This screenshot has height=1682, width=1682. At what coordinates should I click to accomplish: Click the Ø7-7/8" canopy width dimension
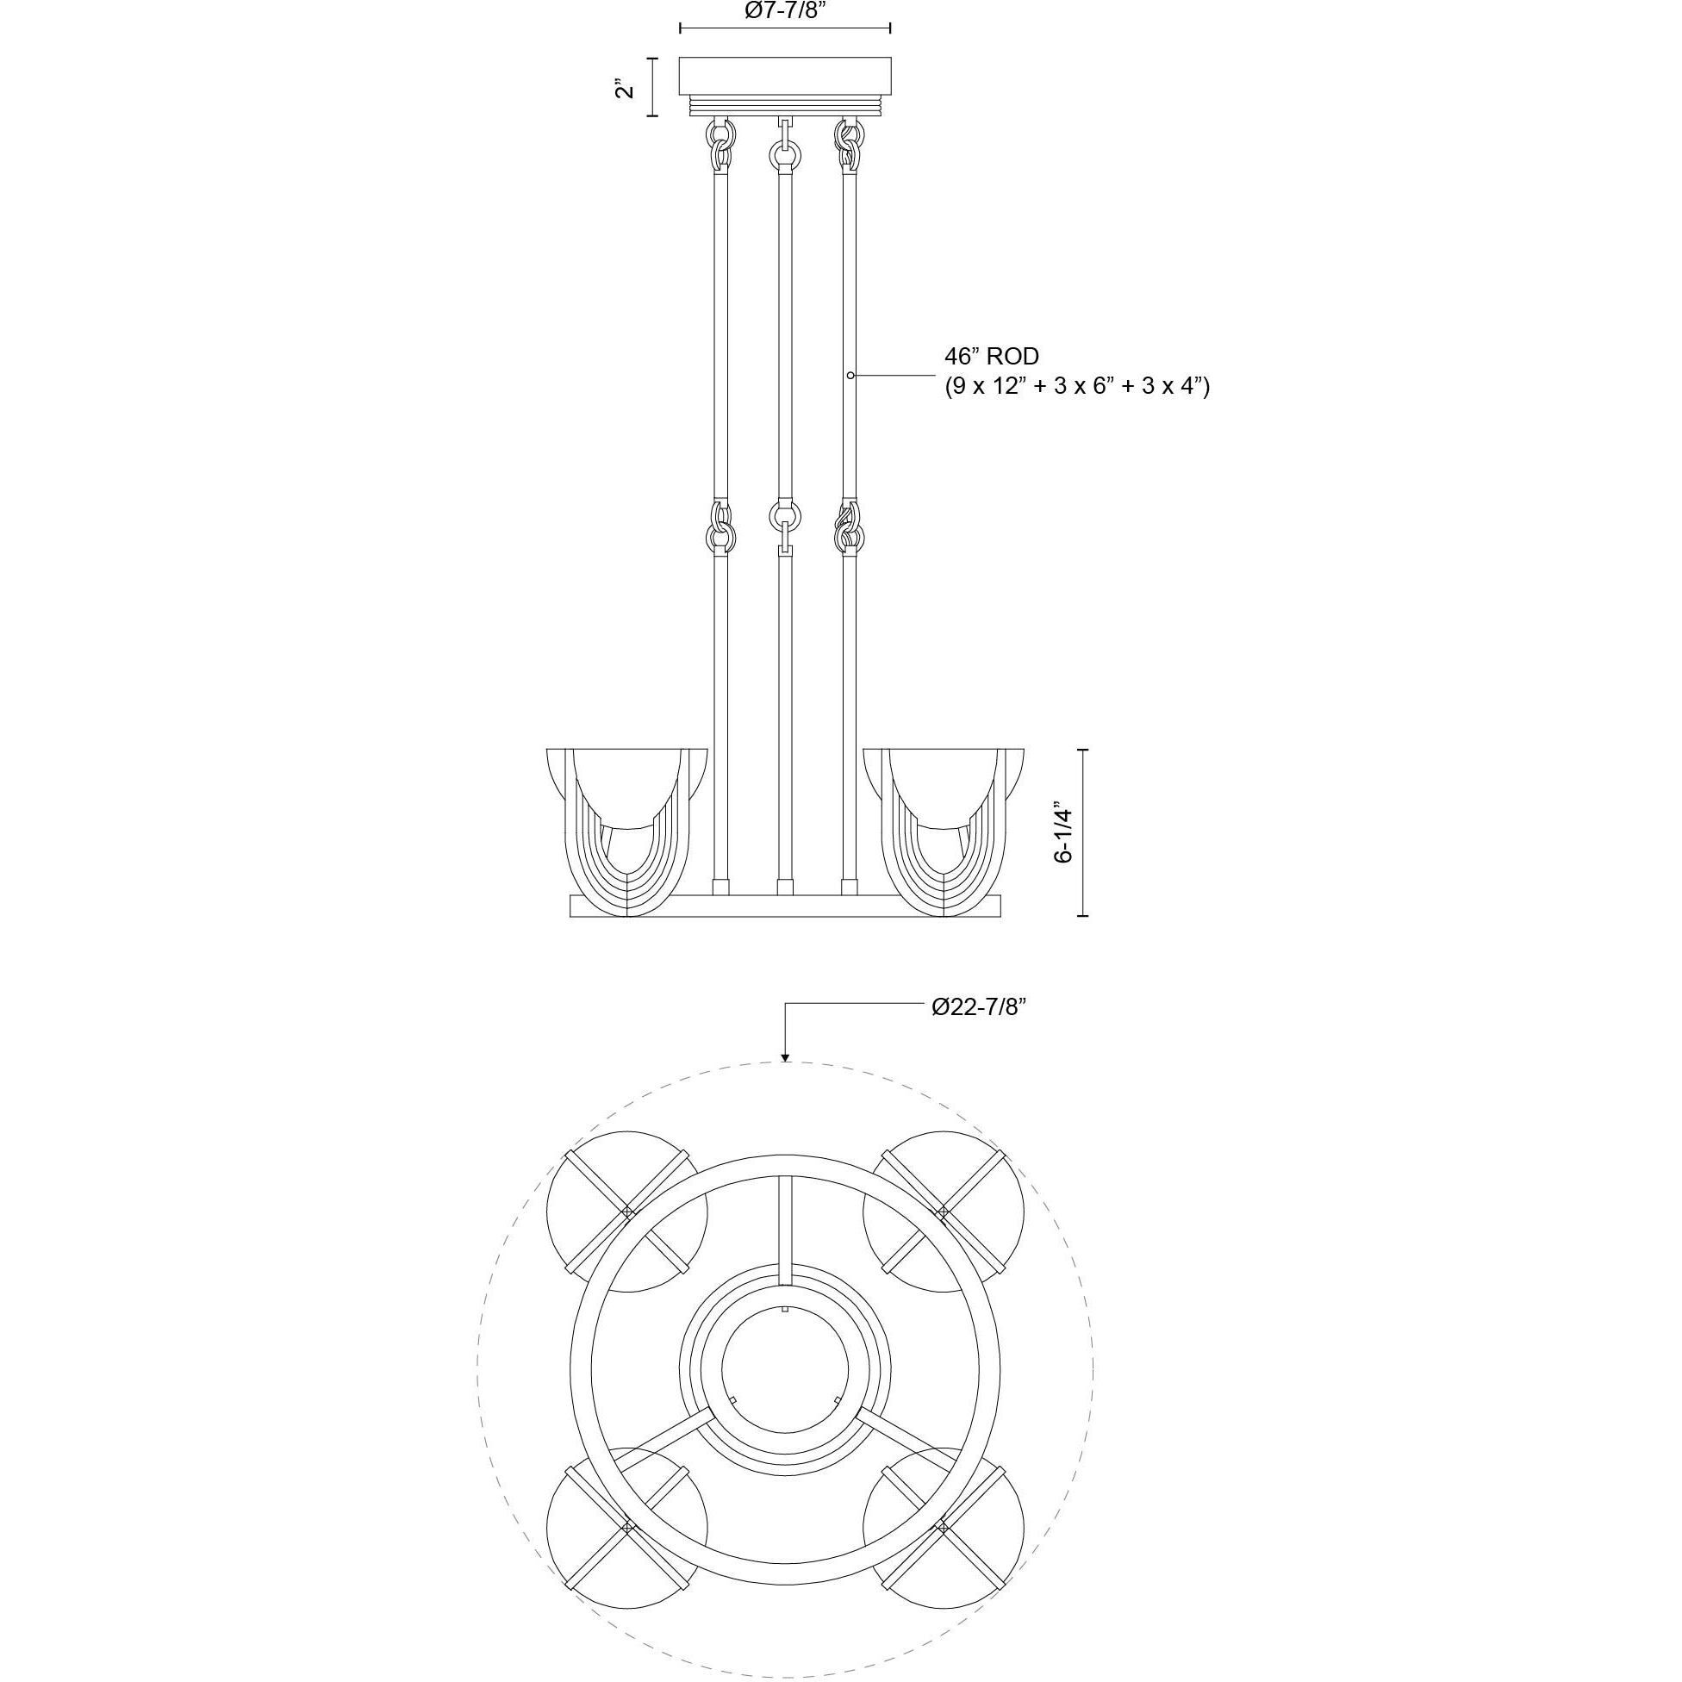point(784,11)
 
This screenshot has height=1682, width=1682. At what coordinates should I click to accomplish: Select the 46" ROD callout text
point(992,356)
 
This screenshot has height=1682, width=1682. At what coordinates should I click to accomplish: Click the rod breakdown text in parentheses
point(1077,386)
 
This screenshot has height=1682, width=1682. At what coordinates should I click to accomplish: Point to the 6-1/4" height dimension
point(1063,832)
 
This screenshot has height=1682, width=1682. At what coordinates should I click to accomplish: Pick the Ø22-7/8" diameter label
point(980,1007)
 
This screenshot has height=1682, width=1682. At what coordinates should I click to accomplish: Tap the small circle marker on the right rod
point(850,375)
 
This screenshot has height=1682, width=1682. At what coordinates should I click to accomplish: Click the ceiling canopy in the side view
point(784,86)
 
